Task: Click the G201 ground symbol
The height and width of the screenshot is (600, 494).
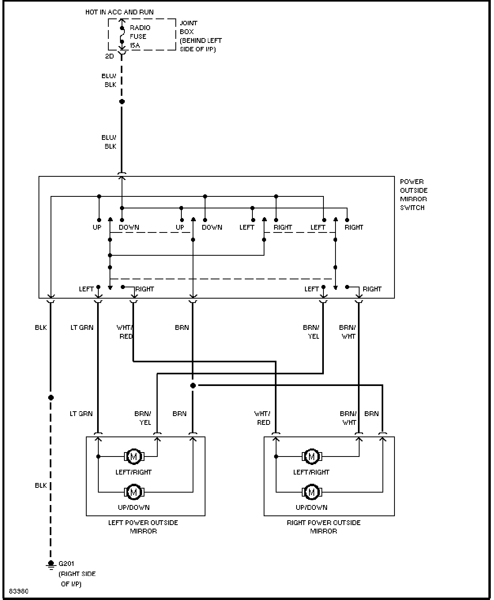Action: point(51,565)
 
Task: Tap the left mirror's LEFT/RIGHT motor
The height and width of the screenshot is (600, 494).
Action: point(134,457)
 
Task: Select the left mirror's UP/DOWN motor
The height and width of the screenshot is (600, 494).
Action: point(134,492)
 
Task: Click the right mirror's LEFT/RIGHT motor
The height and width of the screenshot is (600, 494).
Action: point(312,457)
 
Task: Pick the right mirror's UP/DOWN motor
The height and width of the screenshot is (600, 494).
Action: point(312,492)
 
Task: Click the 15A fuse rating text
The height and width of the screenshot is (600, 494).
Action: point(135,45)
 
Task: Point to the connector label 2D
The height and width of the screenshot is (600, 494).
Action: point(110,56)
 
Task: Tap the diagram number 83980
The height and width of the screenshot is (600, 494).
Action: point(19,591)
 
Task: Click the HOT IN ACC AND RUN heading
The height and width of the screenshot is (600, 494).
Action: point(119,12)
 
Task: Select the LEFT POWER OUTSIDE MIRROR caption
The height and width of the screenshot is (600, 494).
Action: point(143,527)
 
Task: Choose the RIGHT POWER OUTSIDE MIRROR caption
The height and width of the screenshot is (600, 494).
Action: point(323,527)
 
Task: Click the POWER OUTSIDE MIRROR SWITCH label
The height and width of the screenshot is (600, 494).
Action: point(414,195)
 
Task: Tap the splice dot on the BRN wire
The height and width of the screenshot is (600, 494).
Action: point(193,386)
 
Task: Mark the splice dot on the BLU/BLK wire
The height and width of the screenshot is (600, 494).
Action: point(122,101)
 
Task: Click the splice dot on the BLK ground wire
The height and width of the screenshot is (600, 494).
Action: point(51,398)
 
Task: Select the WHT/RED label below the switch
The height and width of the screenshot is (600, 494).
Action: point(125,332)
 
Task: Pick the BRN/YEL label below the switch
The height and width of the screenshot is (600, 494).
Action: point(311,332)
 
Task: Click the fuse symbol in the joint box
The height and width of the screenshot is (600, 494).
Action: point(122,35)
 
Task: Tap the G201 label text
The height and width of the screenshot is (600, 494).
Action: point(66,564)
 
